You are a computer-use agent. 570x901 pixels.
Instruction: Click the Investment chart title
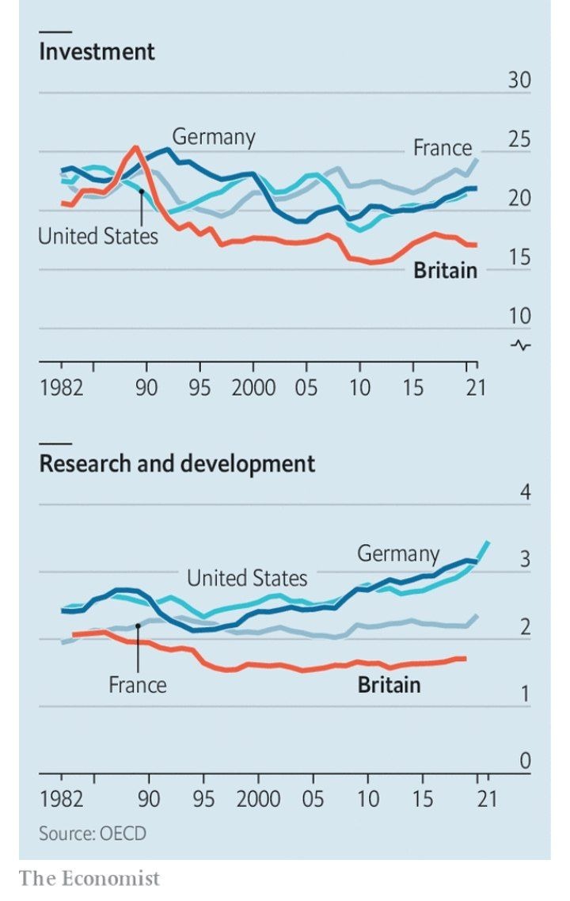(97, 52)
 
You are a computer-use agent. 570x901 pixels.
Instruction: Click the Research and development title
(177, 463)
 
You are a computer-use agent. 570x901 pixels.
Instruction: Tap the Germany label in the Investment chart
(214, 137)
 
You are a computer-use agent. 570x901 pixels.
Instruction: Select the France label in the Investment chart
(442, 148)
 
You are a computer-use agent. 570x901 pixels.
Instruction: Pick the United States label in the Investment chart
(98, 236)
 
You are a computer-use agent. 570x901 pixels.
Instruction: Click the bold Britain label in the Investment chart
(446, 271)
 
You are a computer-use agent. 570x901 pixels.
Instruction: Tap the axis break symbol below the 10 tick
(521, 344)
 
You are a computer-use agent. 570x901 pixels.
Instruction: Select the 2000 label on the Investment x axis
(253, 388)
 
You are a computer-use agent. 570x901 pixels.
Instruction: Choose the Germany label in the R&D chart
(397, 553)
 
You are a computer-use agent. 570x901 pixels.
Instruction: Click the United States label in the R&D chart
(247, 579)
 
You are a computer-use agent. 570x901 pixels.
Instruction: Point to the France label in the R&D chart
(138, 684)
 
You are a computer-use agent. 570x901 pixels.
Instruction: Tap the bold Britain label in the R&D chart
(389, 684)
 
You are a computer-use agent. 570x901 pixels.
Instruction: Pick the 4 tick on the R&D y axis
(524, 492)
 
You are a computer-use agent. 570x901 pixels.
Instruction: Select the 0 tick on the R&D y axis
(524, 762)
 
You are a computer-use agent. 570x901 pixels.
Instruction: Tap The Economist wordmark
(89, 878)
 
